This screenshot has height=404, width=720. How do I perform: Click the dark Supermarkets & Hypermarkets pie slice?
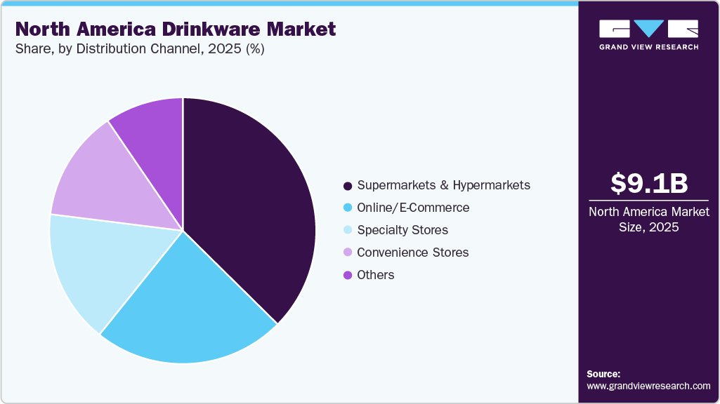(x=246, y=203)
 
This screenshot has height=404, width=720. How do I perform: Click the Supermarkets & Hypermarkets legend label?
(x=443, y=186)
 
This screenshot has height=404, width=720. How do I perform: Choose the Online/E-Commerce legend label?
(x=413, y=208)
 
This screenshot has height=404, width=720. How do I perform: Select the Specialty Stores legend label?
(x=402, y=230)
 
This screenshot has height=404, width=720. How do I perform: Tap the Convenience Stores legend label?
(x=412, y=252)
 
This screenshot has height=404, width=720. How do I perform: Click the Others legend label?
(x=376, y=275)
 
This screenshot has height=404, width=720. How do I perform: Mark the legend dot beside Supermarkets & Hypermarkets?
(x=347, y=187)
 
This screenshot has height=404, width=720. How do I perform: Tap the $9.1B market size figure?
(x=648, y=183)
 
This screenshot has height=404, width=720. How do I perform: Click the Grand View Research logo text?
(x=648, y=47)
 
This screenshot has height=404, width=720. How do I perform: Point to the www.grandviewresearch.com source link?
(x=648, y=386)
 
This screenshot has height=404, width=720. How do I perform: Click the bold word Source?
(x=603, y=374)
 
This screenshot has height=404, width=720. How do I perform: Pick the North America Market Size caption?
(x=648, y=220)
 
